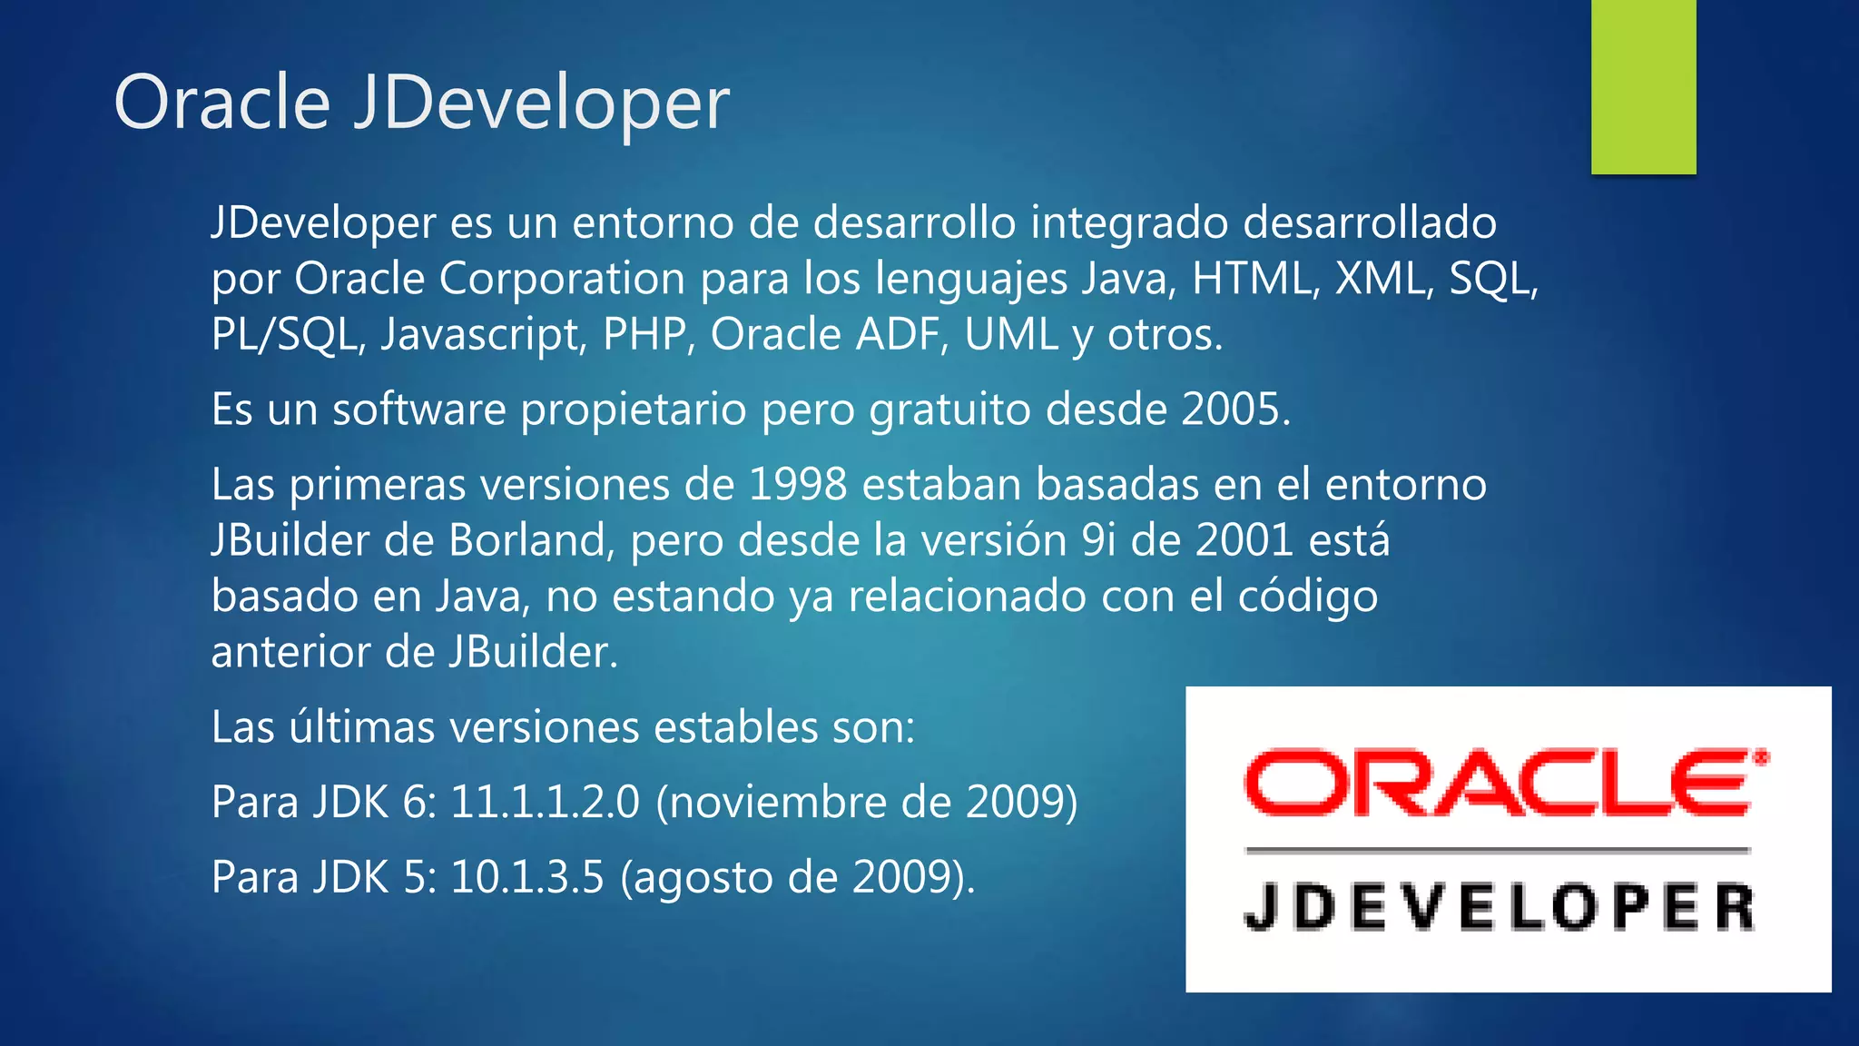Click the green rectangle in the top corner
click(1643, 86)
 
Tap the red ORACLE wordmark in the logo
click(1505, 782)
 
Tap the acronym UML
click(1011, 335)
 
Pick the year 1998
click(798, 485)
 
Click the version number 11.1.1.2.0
click(545, 803)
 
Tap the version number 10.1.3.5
click(526, 878)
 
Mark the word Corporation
click(562, 279)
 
